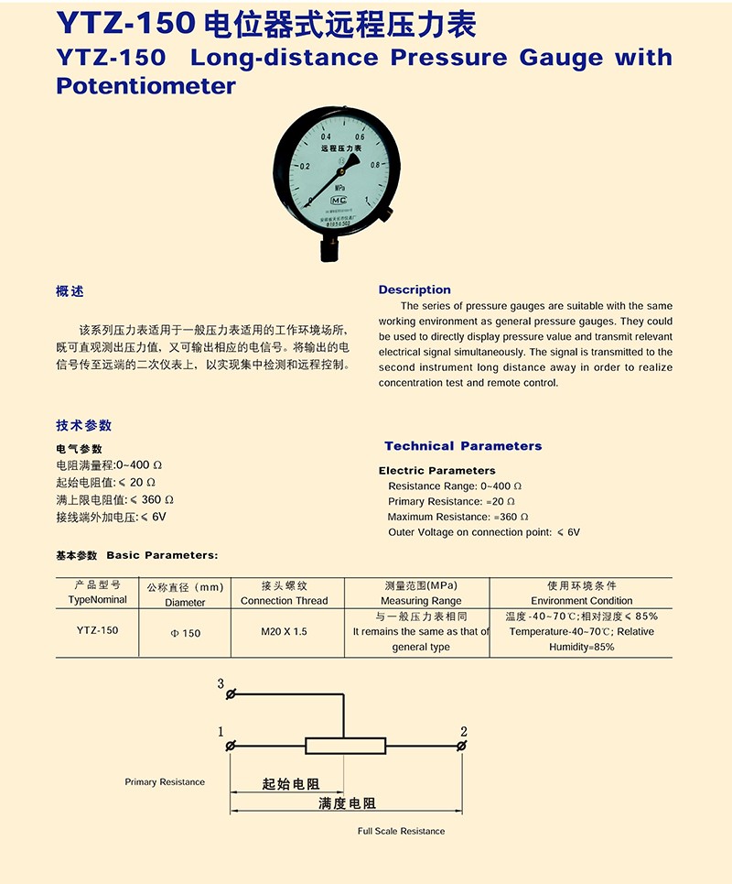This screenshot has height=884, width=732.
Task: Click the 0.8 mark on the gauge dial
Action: click(x=374, y=166)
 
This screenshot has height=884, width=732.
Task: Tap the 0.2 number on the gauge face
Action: click(x=305, y=167)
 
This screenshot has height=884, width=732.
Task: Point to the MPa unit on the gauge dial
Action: click(x=339, y=187)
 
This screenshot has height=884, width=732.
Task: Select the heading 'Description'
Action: click(x=414, y=289)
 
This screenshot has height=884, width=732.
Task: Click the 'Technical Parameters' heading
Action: click(x=463, y=446)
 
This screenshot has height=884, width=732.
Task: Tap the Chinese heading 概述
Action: click(x=70, y=291)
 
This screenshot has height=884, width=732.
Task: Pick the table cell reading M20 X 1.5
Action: click(x=284, y=632)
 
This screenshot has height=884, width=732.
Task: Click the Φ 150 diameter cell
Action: click(x=186, y=633)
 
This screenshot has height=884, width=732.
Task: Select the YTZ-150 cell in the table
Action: click(x=97, y=630)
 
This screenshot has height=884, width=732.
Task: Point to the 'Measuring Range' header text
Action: click(x=421, y=601)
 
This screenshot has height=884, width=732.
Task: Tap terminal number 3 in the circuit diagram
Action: click(x=221, y=684)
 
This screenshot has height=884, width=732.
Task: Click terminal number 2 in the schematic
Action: click(x=464, y=731)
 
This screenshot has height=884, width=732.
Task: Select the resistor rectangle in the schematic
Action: click(x=344, y=746)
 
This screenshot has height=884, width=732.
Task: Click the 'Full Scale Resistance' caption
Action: click(x=401, y=831)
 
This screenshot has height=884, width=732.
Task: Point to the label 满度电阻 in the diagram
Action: click(x=347, y=803)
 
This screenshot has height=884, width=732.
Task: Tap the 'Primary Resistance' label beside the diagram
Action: click(x=165, y=782)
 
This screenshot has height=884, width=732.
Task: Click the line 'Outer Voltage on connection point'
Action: click(x=469, y=532)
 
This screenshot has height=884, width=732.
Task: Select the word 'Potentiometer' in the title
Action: click(x=146, y=86)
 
